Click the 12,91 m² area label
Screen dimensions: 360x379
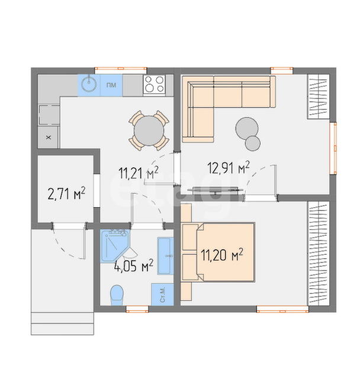click(x=229, y=168)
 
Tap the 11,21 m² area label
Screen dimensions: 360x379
click(x=139, y=173)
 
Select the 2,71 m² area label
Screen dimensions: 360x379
click(x=66, y=194)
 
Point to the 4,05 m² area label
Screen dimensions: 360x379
click(x=134, y=266)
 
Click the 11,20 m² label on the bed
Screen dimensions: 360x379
click(x=222, y=255)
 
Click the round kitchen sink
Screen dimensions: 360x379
click(x=89, y=85)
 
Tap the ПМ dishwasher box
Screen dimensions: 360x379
click(x=111, y=85)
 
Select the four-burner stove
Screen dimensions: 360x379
click(x=154, y=84)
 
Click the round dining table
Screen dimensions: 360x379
click(x=149, y=130)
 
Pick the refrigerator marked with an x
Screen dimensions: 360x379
click(x=49, y=137)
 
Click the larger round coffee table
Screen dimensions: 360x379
click(x=247, y=129)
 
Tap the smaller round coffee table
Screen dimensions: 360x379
click(x=253, y=143)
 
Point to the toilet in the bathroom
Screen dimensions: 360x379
click(x=117, y=295)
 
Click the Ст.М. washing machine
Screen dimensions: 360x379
click(x=162, y=294)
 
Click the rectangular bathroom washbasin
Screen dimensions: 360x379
click(x=166, y=256)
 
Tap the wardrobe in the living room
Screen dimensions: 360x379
click(x=318, y=97)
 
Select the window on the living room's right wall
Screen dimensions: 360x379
click(x=333, y=148)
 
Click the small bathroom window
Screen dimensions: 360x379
click(x=137, y=309)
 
